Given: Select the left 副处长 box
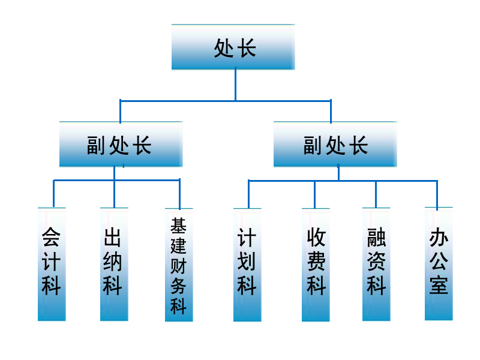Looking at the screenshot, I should point(121,144).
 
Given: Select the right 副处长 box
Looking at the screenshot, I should point(335,144).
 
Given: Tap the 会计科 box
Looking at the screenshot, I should point(52,264).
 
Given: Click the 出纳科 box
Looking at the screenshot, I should point(114,264).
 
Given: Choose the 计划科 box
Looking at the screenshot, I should point(247,265).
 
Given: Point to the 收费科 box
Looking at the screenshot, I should point(316,265).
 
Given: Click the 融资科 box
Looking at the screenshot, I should point(376,264).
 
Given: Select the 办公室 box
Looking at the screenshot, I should point(439,263).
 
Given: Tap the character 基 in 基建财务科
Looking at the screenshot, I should point(179,226).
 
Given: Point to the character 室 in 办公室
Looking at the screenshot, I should point(439,285).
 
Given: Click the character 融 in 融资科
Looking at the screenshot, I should point(376,239).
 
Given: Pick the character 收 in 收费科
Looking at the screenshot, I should point(316,238).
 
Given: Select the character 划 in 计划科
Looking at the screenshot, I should point(247,262).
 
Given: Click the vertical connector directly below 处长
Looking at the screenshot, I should point(235,84).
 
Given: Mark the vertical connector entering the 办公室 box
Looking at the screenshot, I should point(437,194).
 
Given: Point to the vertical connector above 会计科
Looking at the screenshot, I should point(53,193).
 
